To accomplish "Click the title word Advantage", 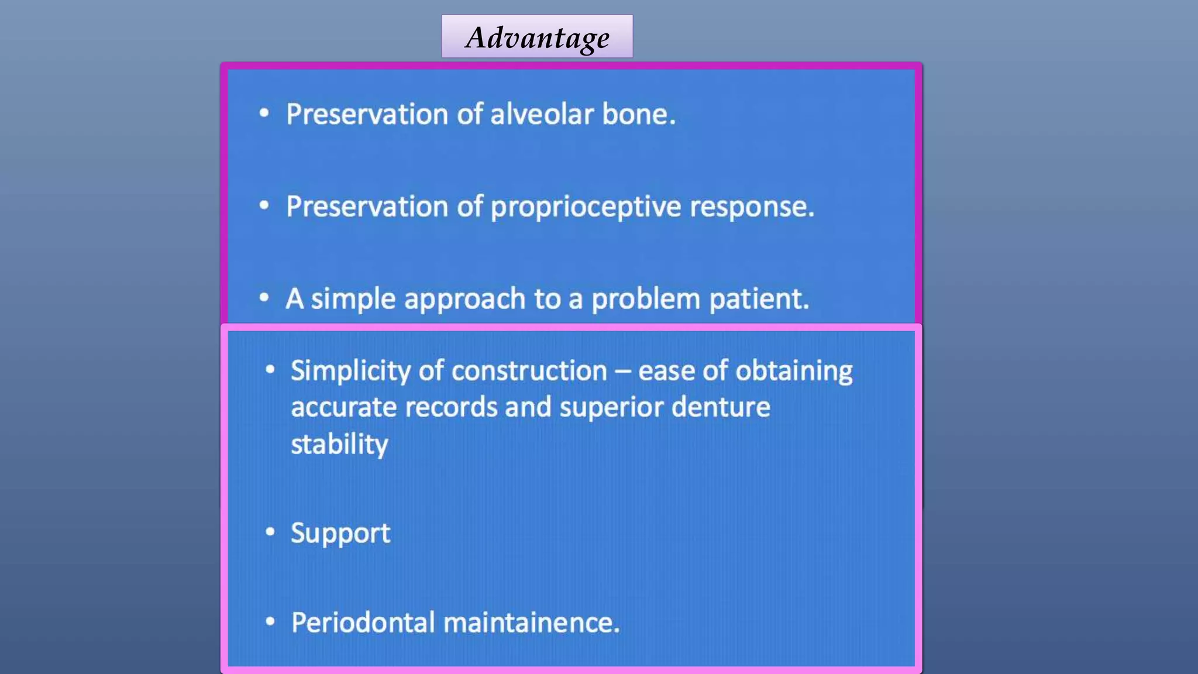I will tap(537, 38).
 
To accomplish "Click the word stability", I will tap(339, 445).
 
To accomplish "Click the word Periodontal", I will tap(363, 623).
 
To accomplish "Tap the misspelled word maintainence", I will tap(531, 623).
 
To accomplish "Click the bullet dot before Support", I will tap(270, 531).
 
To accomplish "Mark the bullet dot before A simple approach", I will tap(264, 297).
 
